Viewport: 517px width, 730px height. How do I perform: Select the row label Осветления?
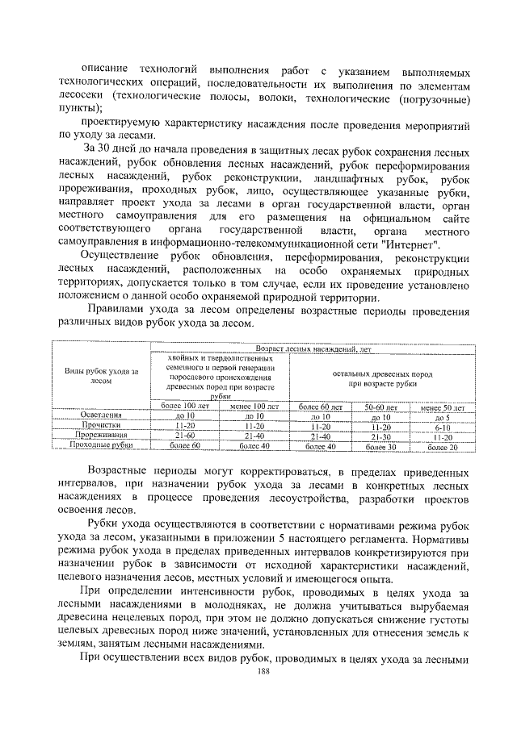pyautogui.click(x=101, y=415)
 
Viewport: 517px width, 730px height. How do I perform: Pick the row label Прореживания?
pyautogui.click(x=101, y=435)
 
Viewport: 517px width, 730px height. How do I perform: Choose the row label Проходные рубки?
pyautogui.click(x=101, y=445)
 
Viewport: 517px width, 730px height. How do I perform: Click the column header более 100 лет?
pyautogui.click(x=186, y=406)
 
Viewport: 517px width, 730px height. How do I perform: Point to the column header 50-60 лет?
pyautogui.click(x=381, y=408)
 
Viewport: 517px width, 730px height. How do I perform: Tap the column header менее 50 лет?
pyautogui.click(x=442, y=408)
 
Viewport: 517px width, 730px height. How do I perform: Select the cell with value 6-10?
pyautogui.click(x=442, y=427)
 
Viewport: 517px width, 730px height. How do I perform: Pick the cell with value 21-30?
pyautogui.click(x=381, y=436)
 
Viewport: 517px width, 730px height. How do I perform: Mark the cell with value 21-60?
pyautogui.click(x=186, y=435)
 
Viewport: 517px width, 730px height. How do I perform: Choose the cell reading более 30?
pyautogui.click(x=381, y=446)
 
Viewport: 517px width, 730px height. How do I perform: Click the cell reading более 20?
pyautogui.click(x=442, y=446)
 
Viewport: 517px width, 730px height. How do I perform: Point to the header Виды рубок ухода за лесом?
pyautogui.click(x=101, y=376)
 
